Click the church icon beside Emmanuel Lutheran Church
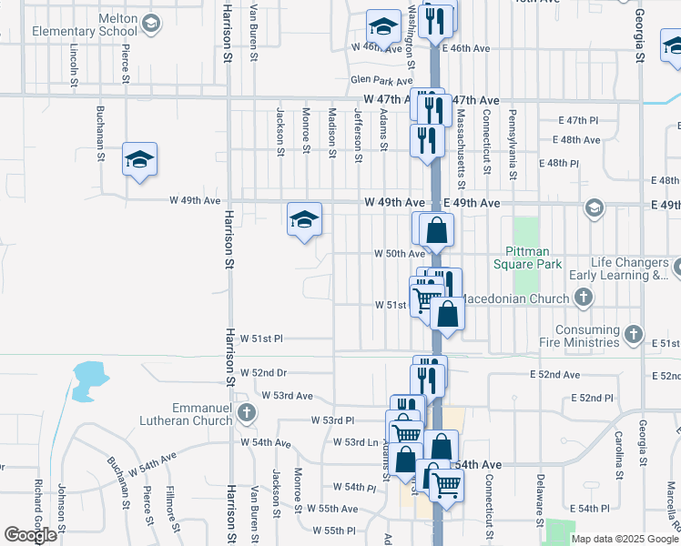pyautogui.click(x=245, y=414)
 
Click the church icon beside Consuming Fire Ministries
pyautogui.click(x=634, y=336)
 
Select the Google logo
pyautogui.click(x=30, y=535)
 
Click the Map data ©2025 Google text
pyautogui.click(x=624, y=539)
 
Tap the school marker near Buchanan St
pyautogui.click(x=139, y=160)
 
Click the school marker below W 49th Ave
pyautogui.click(x=305, y=219)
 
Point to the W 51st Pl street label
pyautogui.click(x=262, y=339)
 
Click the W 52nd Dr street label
pyautogui.click(x=264, y=373)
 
